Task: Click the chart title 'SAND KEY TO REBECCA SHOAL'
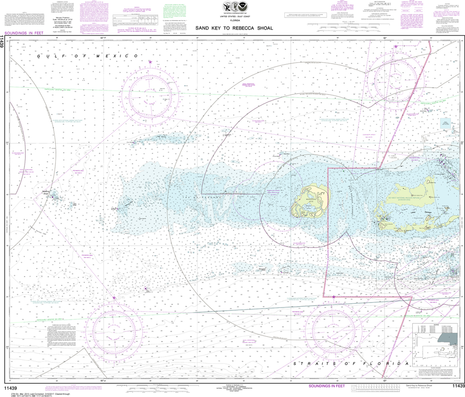pos(234,28)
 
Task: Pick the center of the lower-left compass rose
pos(114,327)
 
